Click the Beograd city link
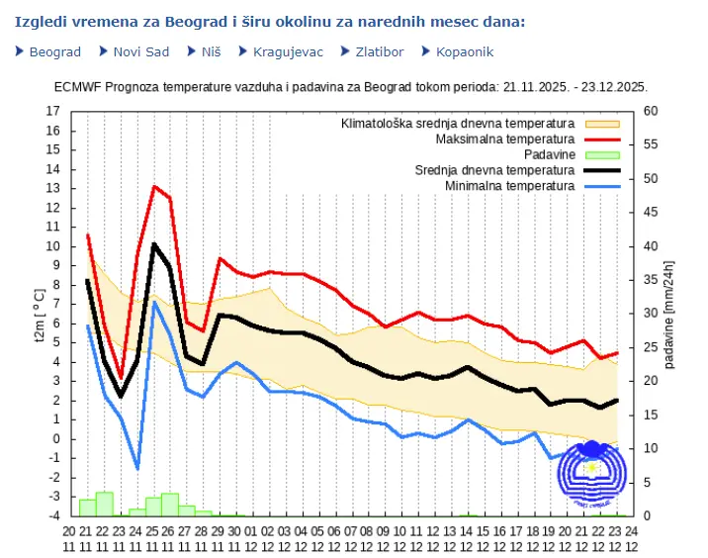point(54,51)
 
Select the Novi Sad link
point(141,51)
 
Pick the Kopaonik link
point(464,51)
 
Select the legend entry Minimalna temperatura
point(509,186)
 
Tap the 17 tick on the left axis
point(53,111)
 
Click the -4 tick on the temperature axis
point(54,515)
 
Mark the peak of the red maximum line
point(154,186)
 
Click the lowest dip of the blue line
point(137,468)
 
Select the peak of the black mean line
point(154,243)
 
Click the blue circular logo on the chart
point(591,475)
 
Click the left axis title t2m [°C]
point(38,312)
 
